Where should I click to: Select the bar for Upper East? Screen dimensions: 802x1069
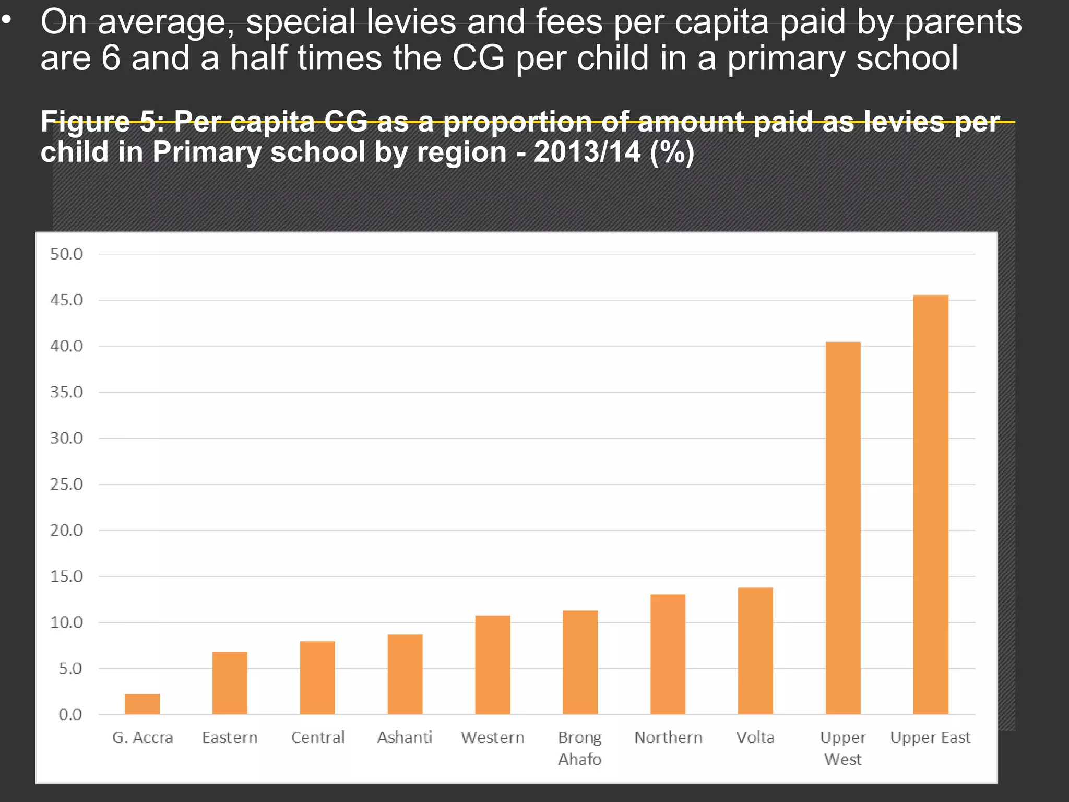tap(930, 504)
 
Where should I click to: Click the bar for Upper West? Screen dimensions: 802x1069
tap(842, 528)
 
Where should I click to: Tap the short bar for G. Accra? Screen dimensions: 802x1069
tap(142, 704)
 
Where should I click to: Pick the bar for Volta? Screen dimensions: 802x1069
tap(755, 651)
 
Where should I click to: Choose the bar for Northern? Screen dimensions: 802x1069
tap(668, 654)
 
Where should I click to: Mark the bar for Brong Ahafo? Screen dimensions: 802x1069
tap(580, 662)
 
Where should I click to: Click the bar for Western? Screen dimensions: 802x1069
tap(492, 665)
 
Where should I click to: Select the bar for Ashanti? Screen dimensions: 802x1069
tap(405, 674)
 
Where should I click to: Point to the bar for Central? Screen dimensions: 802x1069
tap(317, 677)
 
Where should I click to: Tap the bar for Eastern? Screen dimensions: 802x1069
tap(230, 682)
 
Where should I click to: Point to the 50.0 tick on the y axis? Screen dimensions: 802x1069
tap(66, 254)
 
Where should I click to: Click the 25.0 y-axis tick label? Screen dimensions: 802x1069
tap(66, 485)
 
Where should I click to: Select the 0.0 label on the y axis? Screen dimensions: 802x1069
tap(70, 714)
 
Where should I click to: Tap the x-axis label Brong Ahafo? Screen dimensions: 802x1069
tap(580, 748)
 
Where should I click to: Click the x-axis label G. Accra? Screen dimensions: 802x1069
tap(142, 737)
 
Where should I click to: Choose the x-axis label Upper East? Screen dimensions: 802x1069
tap(930, 737)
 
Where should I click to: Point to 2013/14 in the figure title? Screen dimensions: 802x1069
tap(587, 152)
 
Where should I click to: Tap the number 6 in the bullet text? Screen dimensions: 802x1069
tap(111, 57)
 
